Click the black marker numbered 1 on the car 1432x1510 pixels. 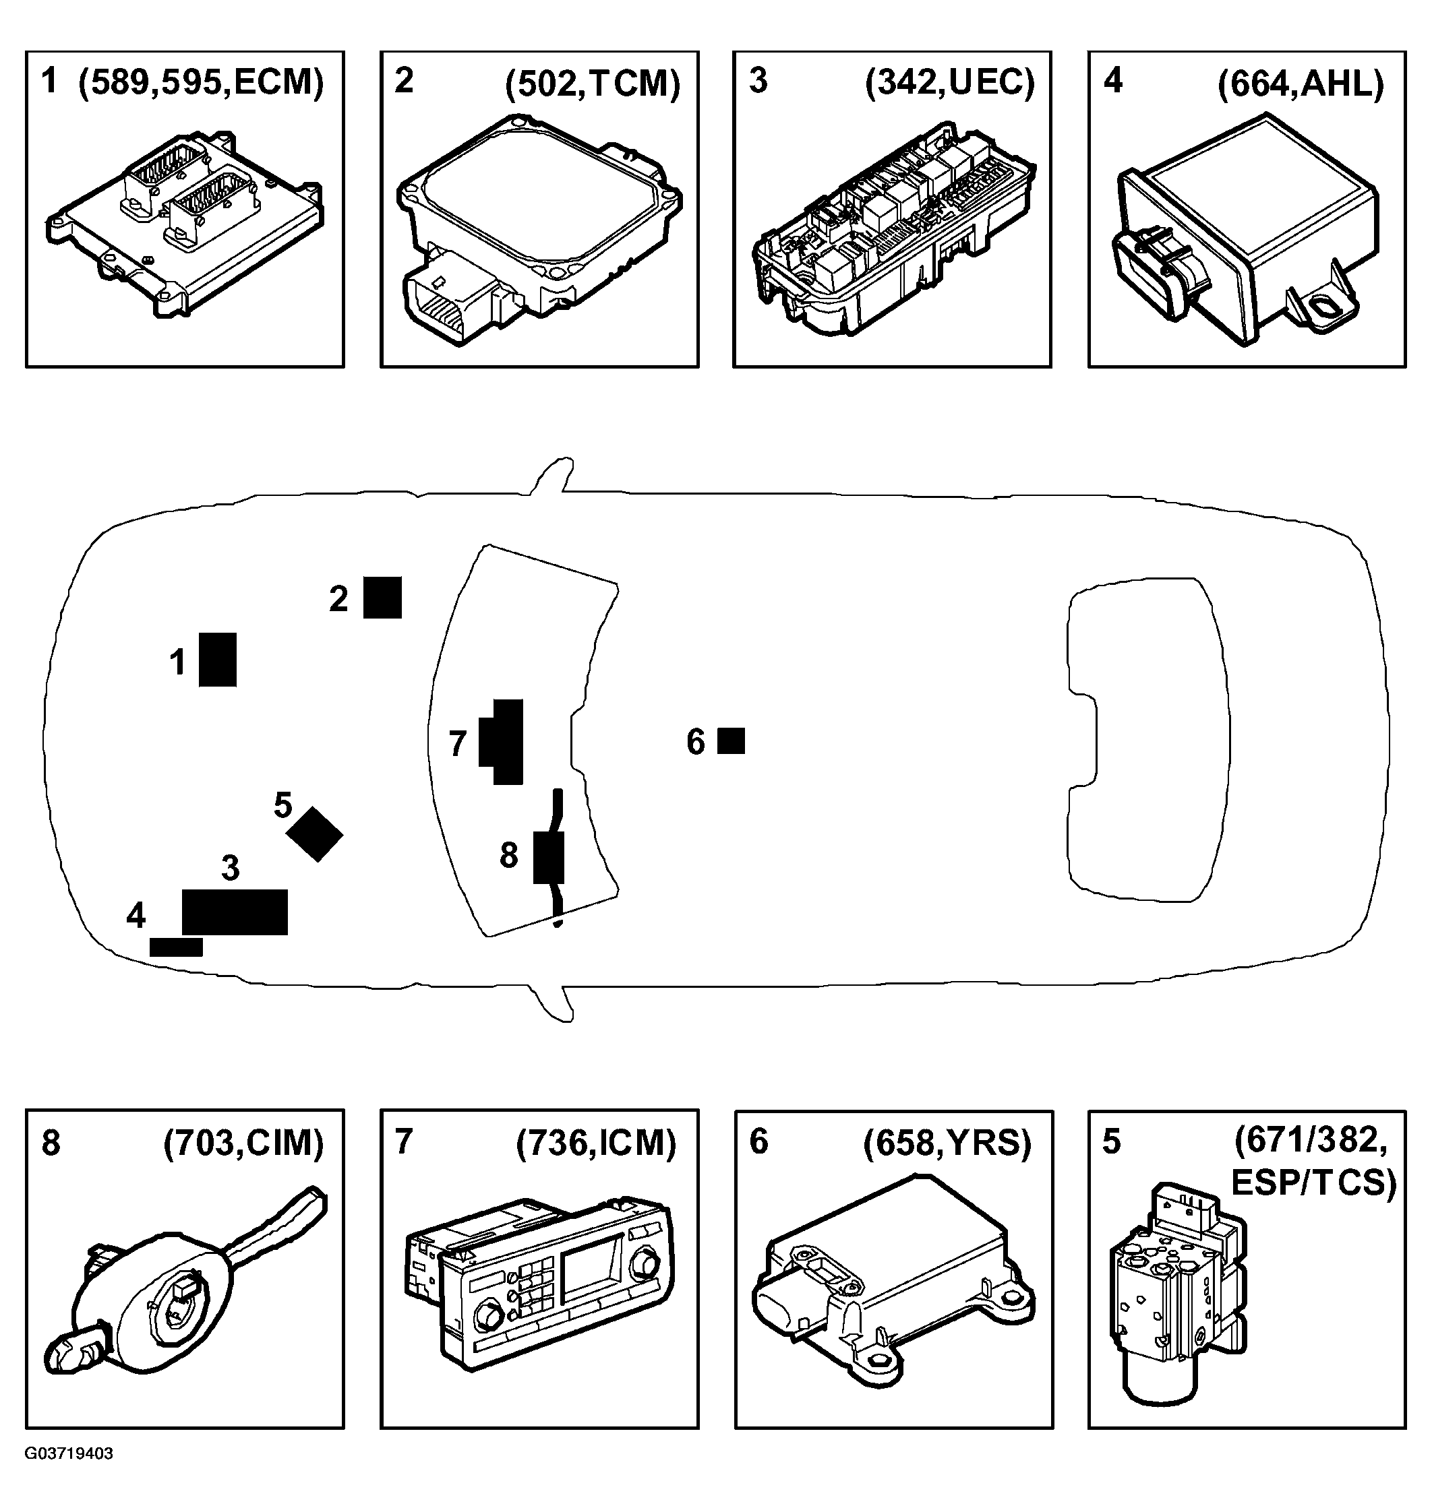coord(218,659)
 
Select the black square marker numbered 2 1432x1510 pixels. coord(382,598)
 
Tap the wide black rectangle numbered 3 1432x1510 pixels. coord(235,912)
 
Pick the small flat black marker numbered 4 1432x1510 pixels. coord(177,947)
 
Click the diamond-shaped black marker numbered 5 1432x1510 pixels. coord(314,835)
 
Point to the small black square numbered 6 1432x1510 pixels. coord(732,741)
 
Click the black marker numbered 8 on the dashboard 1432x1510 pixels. coord(549,858)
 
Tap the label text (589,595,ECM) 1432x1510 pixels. coord(202,82)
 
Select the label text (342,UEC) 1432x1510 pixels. coord(949,82)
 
